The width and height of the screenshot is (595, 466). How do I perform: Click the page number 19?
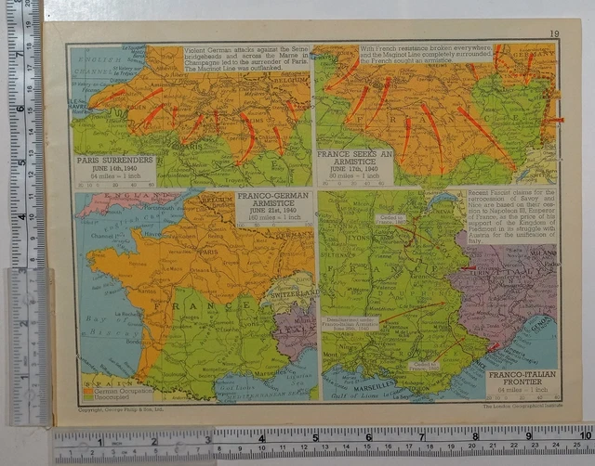pos(554,34)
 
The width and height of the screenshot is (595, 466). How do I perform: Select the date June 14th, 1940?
pos(114,168)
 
